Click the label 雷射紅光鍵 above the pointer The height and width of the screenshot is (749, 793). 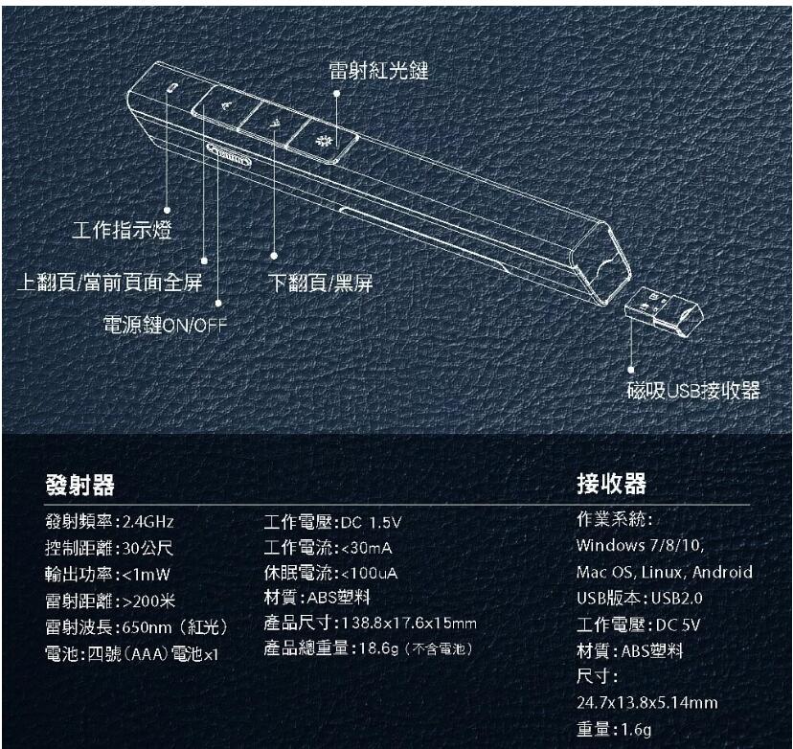tap(379, 70)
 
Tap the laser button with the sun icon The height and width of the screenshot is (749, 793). tap(322, 141)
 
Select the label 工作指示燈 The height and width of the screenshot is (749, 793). tap(122, 230)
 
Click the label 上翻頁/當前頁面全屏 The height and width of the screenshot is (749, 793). tap(110, 283)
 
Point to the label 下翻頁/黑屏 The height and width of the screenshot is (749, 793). tap(321, 283)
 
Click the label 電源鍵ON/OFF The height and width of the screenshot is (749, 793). tap(165, 326)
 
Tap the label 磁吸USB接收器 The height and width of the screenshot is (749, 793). tap(693, 391)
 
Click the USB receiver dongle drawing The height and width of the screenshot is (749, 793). tap(664, 312)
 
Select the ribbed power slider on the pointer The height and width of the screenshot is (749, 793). tap(229, 154)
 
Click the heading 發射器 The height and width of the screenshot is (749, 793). tap(79, 485)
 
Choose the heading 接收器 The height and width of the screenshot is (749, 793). tap(611, 484)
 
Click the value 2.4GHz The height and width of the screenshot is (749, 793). tap(148, 521)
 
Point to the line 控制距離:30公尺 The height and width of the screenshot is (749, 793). tap(109, 548)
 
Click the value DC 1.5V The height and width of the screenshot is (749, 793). tap(372, 522)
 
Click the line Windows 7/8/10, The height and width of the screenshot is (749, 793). tap(640, 545)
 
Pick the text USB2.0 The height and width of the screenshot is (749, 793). tap(677, 599)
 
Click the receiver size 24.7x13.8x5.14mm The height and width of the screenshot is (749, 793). tap(647, 702)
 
